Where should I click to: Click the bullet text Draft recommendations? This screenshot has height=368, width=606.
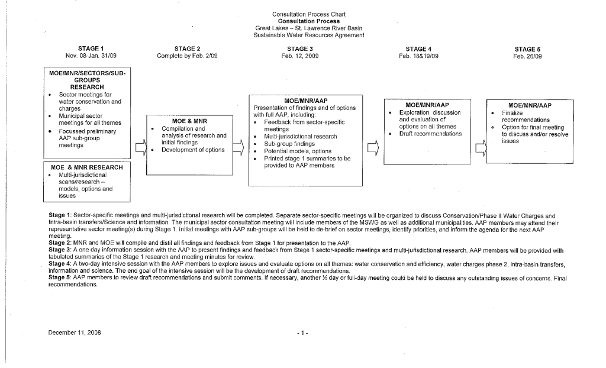pos(430,134)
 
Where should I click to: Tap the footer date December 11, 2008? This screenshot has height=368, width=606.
pos(75,333)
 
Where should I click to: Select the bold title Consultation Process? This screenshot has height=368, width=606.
pos(308,21)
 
